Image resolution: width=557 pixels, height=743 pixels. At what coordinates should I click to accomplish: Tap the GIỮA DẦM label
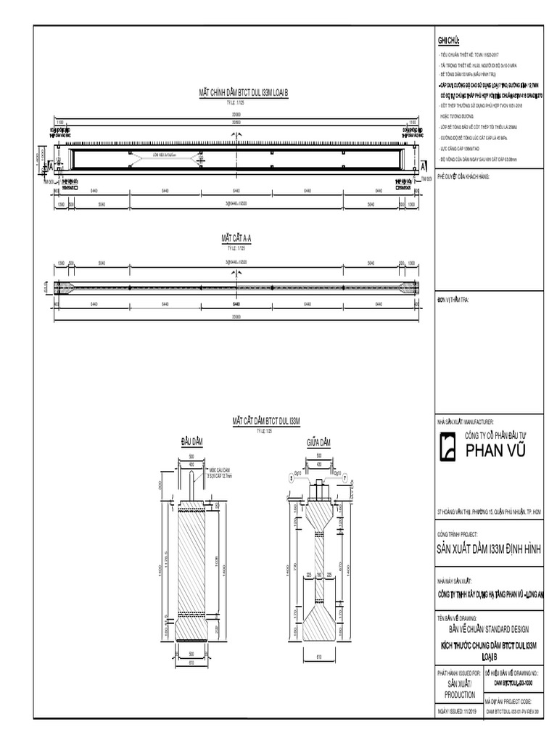pyautogui.click(x=318, y=442)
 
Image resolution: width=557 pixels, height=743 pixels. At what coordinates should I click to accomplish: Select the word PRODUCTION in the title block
pyautogui.click(x=459, y=694)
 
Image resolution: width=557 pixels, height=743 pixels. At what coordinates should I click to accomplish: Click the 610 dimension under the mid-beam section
pyautogui.click(x=318, y=658)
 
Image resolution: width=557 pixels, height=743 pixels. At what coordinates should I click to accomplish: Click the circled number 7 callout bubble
pyautogui.click(x=345, y=477)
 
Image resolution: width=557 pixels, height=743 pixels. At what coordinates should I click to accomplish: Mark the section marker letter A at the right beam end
pyautogui.click(x=423, y=166)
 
